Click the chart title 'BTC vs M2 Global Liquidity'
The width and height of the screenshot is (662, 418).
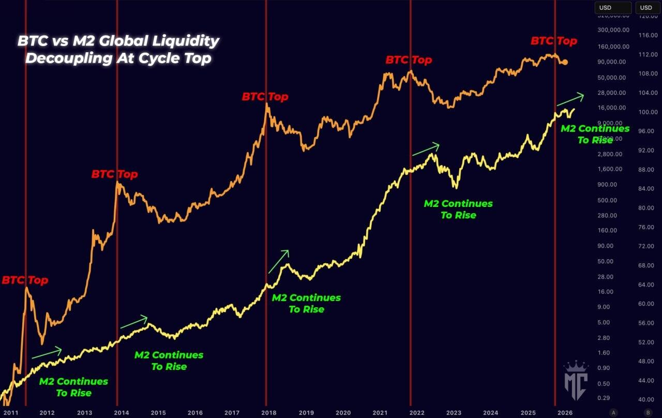(x=118, y=41)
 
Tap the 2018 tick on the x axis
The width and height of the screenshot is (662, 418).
(x=268, y=413)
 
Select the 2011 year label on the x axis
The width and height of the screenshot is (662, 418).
(x=10, y=413)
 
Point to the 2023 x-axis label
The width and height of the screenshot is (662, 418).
(x=454, y=413)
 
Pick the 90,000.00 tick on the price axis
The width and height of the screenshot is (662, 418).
(x=611, y=62)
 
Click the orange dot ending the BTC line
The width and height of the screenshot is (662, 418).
(x=565, y=62)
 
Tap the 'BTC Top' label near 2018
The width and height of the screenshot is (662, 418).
(x=265, y=97)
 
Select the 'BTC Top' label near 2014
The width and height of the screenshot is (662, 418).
(x=114, y=174)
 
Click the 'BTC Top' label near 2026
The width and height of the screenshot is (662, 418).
(x=553, y=41)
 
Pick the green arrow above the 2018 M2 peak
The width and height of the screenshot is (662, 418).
(x=278, y=261)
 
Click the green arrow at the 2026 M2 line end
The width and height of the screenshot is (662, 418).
(x=569, y=99)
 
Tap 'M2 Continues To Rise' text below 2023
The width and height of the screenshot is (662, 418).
(x=458, y=210)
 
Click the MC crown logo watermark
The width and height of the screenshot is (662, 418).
(x=576, y=380)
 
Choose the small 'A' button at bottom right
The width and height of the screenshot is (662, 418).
(x=614, y=412)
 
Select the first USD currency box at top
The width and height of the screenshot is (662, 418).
(x=613, y=8)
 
